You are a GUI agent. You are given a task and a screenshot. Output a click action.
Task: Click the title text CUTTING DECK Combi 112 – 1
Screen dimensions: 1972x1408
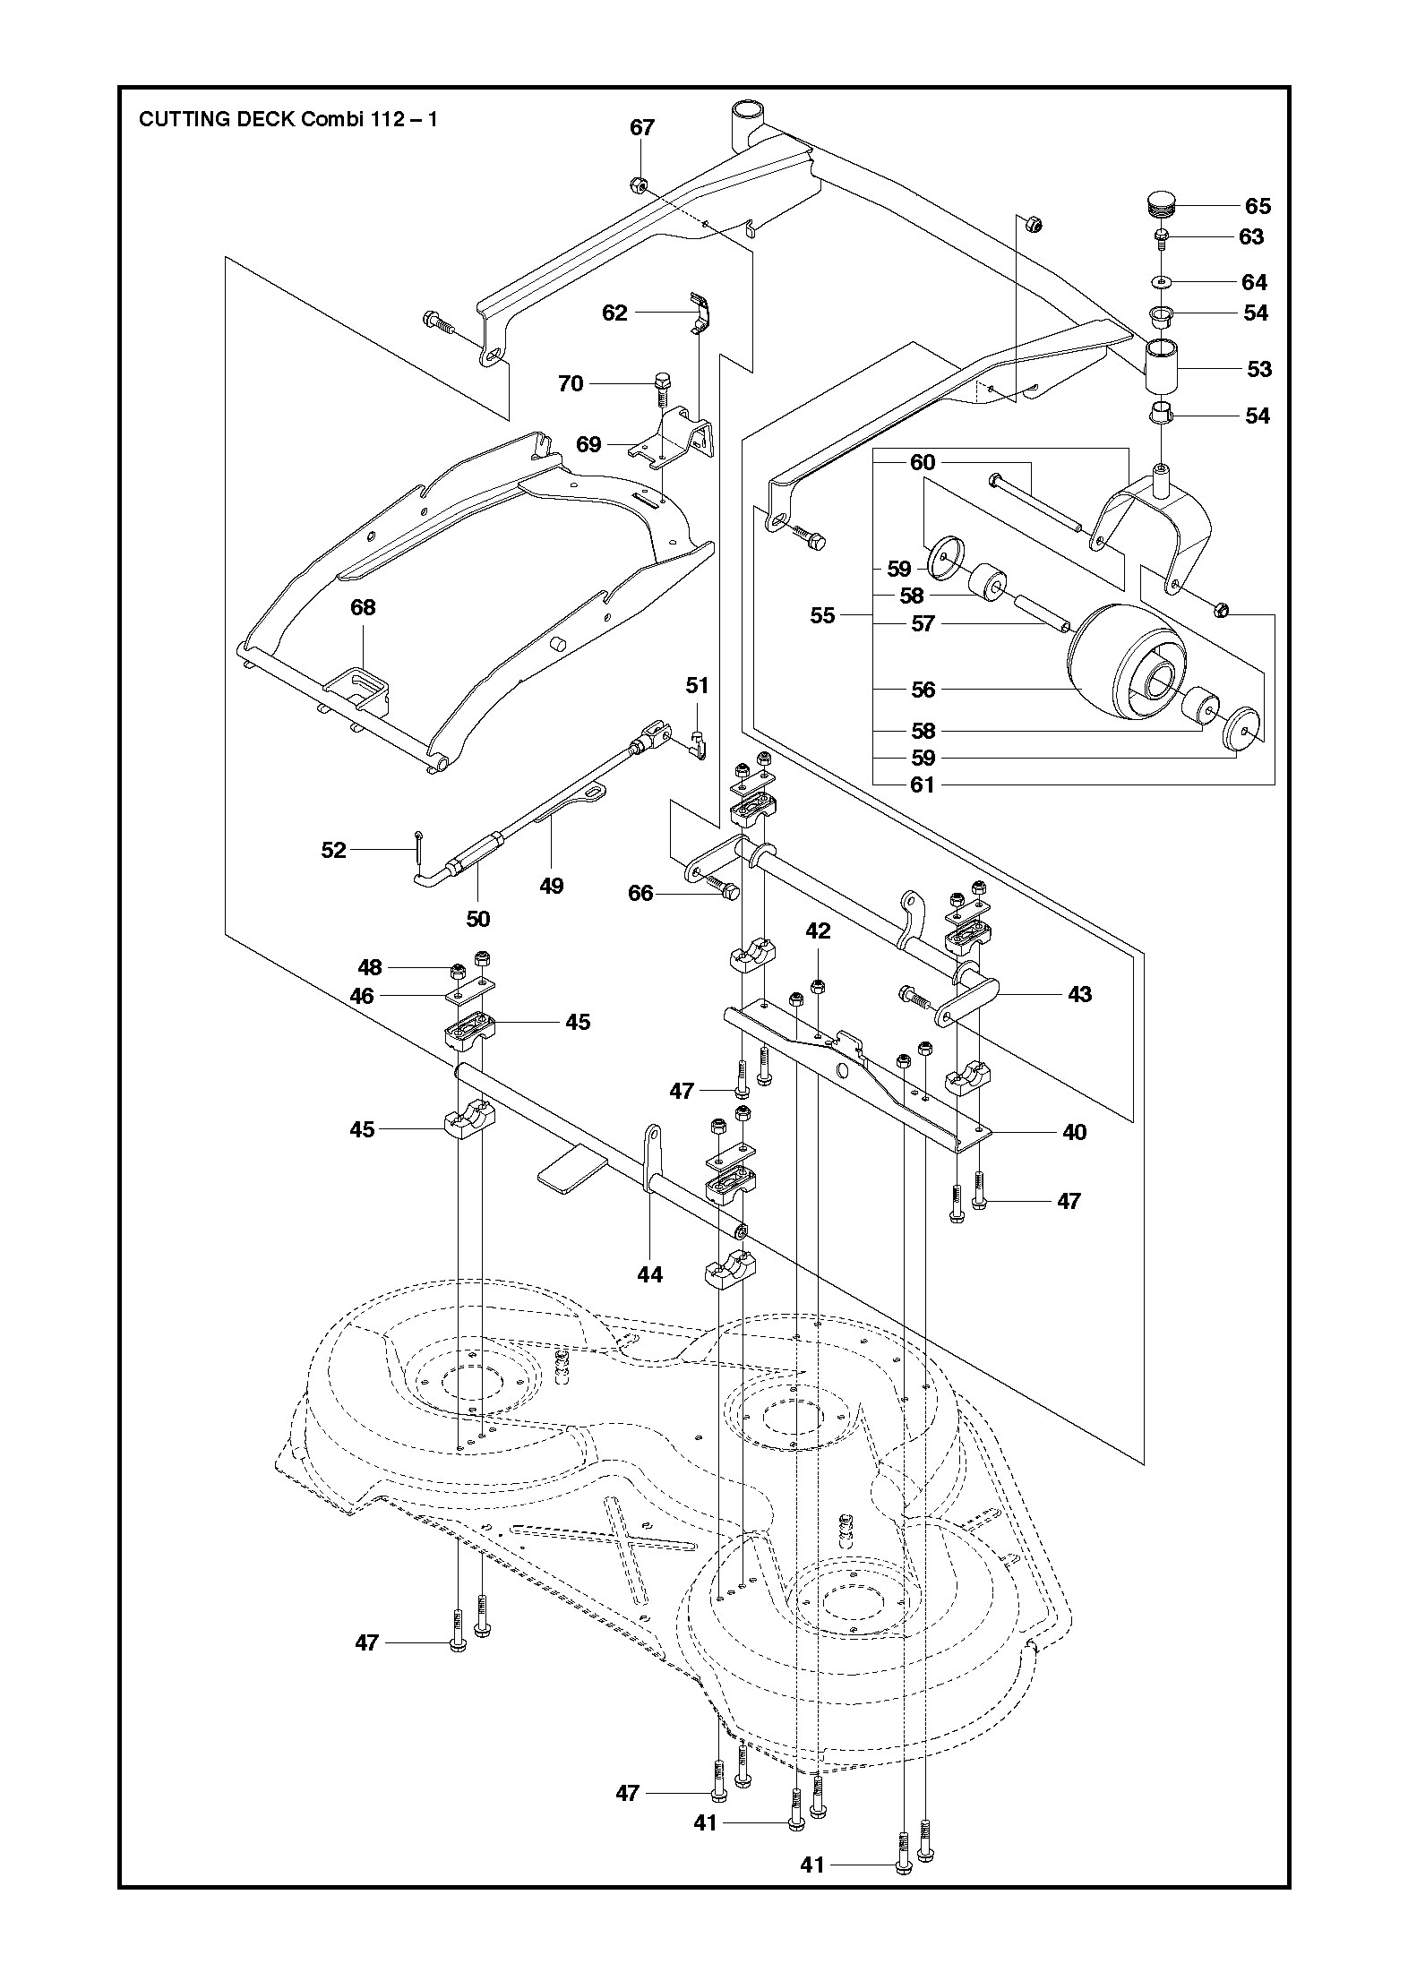coord(288,119)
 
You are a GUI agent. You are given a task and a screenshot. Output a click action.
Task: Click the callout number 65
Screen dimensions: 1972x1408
coord(1258,206)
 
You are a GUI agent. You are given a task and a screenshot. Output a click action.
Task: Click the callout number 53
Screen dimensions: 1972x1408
coord(1258,369)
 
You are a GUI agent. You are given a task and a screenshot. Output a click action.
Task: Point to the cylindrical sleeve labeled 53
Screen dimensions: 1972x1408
coord(1162,365)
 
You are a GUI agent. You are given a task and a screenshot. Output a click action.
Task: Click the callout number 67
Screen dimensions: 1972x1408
coord(642,127)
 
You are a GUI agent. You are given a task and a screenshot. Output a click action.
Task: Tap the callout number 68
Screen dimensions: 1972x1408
coord(363,607)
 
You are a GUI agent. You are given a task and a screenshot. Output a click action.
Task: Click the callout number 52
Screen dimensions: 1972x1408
coord(333,849)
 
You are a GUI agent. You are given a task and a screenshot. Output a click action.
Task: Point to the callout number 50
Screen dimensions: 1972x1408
coord(478,918)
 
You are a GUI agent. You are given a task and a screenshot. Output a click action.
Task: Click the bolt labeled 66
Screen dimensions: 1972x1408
coord(722,888)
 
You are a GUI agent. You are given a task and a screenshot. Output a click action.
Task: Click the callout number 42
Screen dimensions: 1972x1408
coord(818,930)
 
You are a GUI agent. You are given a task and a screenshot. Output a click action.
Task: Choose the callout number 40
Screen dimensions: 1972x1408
coord(1073,1132)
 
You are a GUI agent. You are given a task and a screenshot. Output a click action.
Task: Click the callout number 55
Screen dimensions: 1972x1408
coord(822,615)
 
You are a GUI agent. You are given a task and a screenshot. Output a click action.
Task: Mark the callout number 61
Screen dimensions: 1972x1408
coord(923,785)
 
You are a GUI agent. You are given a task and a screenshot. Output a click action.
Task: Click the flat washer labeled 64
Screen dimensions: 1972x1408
coord(1162,282)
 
